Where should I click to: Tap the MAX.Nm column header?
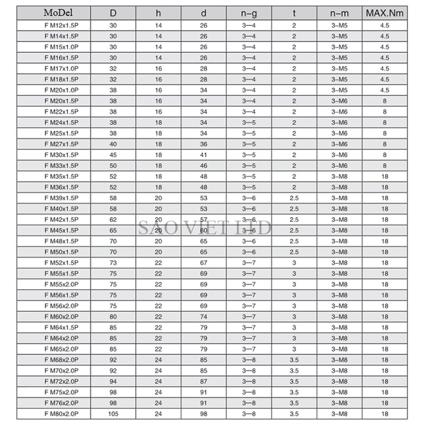coord(385,12)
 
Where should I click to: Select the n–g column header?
coord(249,12)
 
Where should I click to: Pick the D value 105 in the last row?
coord(113,413)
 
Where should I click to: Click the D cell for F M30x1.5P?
coord(113,155)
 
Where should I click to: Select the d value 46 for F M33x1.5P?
coord(203,165)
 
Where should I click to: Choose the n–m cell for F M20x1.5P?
coord(339,101)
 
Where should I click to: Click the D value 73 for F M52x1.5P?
coord(113,262)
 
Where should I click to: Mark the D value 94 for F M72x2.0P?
coord(113,381)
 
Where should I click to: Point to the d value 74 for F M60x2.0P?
coord(203,316)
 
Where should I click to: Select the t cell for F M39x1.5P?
coord(294,198)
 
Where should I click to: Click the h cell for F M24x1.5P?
coord(158,122)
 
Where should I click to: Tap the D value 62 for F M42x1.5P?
coord(113,219)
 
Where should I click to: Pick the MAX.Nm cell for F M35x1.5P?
coord(385,176)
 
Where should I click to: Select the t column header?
coord(294,12)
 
